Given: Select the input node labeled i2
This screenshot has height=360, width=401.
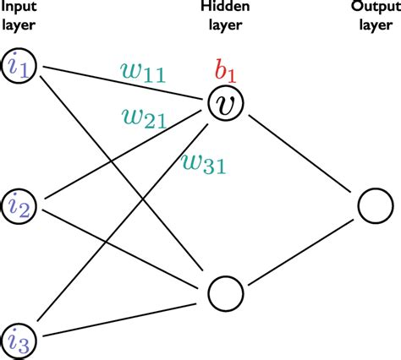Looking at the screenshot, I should pyautogui.click(x=19, y=204).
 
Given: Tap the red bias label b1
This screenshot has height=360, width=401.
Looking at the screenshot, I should pyautogui.click(x=224, y=70).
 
